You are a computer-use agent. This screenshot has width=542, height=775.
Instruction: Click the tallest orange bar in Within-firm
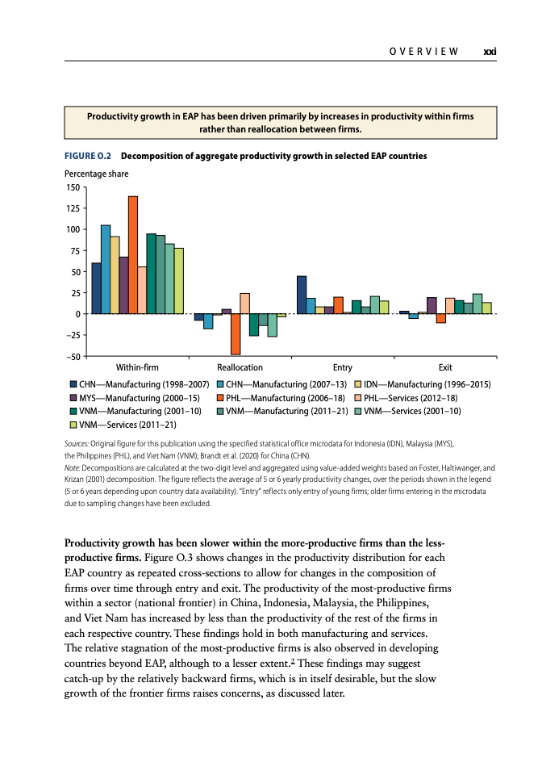[x=133, y=255]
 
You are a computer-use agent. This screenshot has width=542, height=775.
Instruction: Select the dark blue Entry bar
[x=302, y=295]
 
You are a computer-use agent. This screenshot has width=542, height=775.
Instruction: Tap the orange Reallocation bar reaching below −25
[x=236, y=334]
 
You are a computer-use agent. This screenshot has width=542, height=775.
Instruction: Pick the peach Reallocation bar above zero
[x=245, y=304]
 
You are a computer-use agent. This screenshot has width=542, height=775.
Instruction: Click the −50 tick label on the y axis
[x=73, y=356]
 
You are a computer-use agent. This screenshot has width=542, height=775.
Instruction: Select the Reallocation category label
[x=240, y=367]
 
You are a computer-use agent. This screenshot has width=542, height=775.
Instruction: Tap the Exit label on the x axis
[x=445, y=367]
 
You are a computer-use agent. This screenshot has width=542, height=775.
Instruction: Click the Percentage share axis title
[x=96, y=174]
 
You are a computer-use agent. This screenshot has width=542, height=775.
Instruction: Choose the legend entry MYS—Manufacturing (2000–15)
[x=135, y=398]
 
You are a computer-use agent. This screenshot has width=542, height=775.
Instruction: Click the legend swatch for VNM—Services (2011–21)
[x=73, y=425]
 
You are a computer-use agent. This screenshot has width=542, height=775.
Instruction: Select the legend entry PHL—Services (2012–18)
[x=406, y=398]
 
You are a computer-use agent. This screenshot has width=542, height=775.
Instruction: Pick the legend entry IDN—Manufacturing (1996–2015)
[x=423, y=384]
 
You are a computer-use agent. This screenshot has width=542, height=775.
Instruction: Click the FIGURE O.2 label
[x=88, y=156]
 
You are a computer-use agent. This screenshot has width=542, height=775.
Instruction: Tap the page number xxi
[x=490, y=52]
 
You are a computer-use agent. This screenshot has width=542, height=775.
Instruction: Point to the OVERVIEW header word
[x=424, y=52]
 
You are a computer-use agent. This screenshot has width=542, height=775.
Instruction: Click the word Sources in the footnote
[x=76, y=444]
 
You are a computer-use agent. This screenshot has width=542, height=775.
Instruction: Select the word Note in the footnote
[x=72, y=467]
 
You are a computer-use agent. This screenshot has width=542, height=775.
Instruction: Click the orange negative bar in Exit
[x=441, y=318]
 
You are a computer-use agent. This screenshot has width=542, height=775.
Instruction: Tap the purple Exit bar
[x=432, y=305]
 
